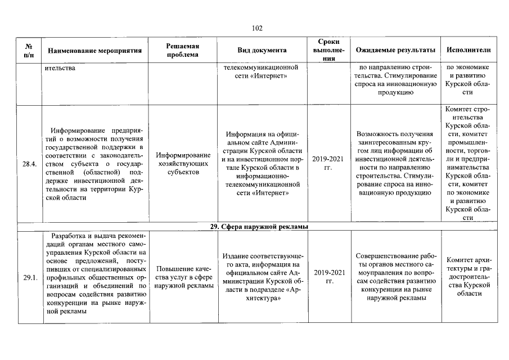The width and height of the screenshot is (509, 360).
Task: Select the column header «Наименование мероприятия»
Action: tap(94, 50)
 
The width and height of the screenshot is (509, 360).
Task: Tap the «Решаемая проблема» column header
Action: tap(183, 50)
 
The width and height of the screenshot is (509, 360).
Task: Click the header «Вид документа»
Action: tap(262, 50)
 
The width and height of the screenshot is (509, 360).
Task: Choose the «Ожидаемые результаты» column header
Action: tap(396, 50)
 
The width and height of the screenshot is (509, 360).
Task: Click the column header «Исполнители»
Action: tap(468, 50)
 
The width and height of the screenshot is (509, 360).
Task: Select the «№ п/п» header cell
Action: tap(28, 50)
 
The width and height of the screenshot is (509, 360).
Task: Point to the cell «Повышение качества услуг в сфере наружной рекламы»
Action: tap(183, 277)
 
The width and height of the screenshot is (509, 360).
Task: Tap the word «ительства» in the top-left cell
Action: tap(60, 69)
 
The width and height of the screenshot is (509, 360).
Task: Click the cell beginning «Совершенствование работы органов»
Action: tap(396, 276)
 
